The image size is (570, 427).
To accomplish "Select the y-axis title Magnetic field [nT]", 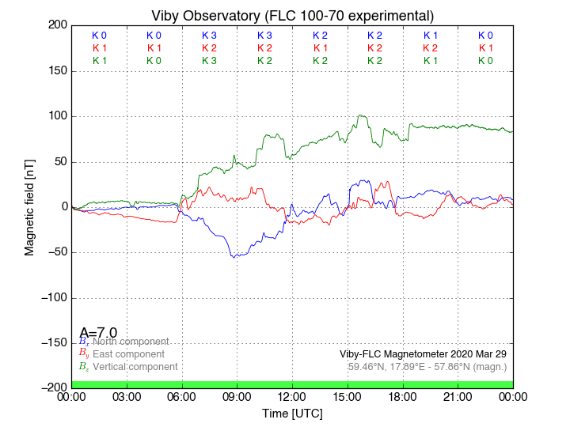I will click(29, 206).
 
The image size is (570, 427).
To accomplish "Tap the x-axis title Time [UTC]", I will click(292, 414).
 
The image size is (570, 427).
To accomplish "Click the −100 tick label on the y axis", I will click(51, 298).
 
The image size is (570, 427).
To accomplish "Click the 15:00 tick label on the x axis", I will click(348, 396).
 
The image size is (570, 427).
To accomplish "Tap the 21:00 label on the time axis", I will click(458, 396).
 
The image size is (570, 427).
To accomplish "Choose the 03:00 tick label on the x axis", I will click(127, 396).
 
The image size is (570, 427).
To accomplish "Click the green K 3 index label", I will click(209, 61).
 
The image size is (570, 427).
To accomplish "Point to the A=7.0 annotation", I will click(99, 332).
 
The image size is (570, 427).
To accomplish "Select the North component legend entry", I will click(131, 342).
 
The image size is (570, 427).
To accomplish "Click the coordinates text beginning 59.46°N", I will click(427, 367).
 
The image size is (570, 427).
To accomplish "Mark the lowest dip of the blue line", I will click(233, 257).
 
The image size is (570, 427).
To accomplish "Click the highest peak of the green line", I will click(360, 115).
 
